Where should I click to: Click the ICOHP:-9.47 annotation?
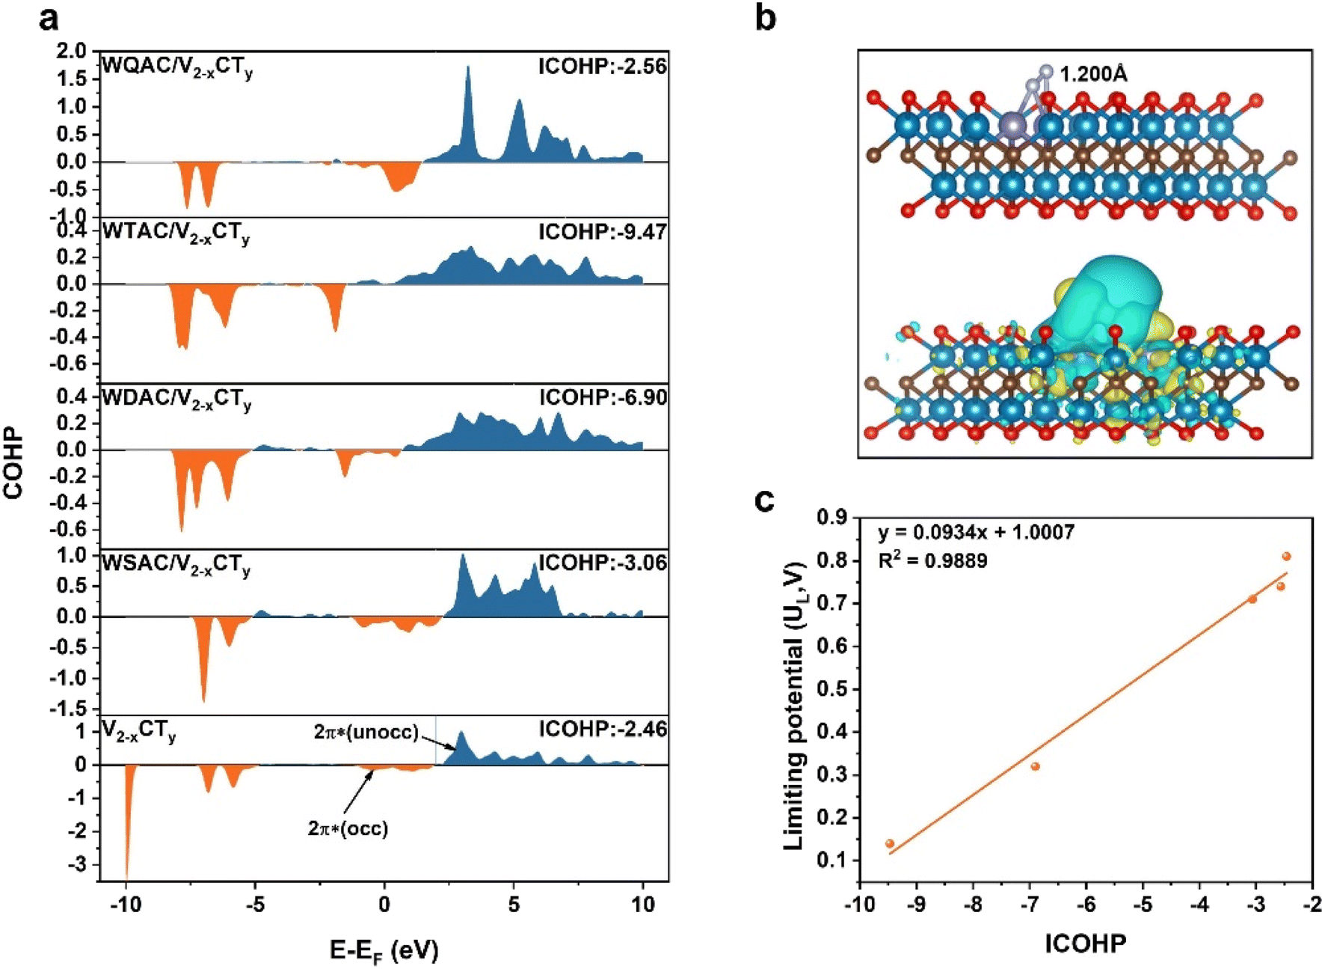click(x=602, y=233)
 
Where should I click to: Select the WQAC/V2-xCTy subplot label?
click(x=176, y=67)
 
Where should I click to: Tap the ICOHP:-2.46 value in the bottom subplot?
click(x=603, y=729)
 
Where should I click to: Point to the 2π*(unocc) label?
click(x=366, y=731)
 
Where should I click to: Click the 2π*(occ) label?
click(x=348, y=828)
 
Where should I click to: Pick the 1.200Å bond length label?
click(x=1093, y=74)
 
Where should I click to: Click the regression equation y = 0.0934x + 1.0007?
click(x=977, y=533)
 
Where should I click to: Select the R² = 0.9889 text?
click(x=932, y=560)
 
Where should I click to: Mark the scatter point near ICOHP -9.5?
click(x=890, y=843)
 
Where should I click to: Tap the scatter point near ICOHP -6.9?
click(x=1036, y=766)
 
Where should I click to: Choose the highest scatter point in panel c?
click(x=1287, y=556)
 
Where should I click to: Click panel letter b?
click(x=765, y=17)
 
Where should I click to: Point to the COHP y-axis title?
click(x=13, y=464)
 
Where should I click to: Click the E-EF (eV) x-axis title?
click(x=384, y=951)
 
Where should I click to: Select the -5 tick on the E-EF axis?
click(x=255, y=905)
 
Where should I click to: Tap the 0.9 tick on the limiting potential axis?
click(x=831, y=517)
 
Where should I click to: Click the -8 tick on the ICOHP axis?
click(x=973, y=905)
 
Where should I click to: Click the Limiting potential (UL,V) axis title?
click(x=794, y=706)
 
